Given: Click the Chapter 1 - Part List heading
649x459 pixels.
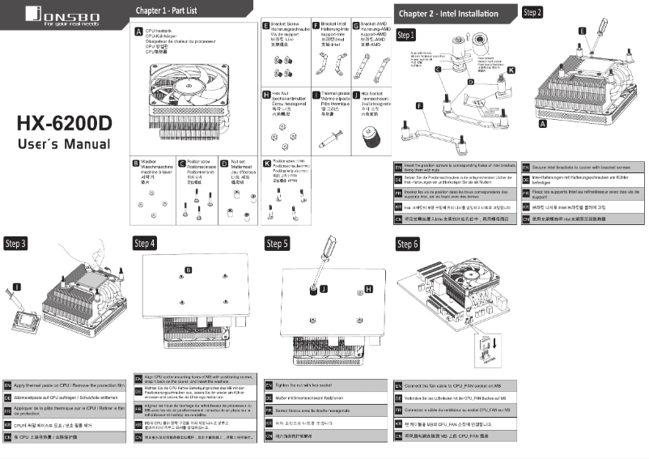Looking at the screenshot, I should (166, 11).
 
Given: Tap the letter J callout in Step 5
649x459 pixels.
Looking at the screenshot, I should (324, 288).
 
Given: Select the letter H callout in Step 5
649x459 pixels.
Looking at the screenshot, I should (369, 289).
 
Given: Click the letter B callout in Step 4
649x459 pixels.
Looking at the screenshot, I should (189, 269).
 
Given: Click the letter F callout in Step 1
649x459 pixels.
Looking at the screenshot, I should (420, 106).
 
